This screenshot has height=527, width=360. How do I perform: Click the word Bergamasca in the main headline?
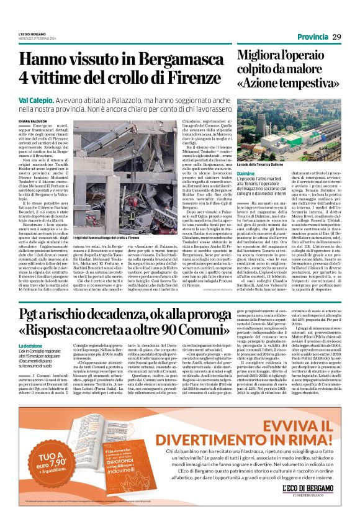(178, 60)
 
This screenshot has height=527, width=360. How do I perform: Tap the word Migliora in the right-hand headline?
(261, 55)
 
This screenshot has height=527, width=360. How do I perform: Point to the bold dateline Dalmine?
(248, 174)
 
